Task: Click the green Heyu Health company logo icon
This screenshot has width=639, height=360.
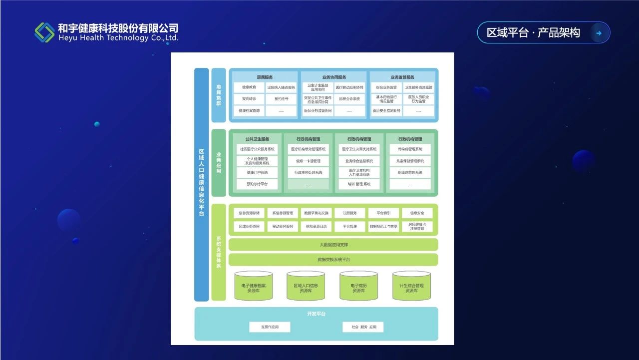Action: [44, 32]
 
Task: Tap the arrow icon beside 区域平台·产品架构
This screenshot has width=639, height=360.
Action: [599, 33]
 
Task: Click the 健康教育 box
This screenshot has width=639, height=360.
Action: [249, 87]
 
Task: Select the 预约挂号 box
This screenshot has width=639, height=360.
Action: [281, 99]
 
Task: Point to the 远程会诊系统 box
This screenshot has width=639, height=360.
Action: [349, 99]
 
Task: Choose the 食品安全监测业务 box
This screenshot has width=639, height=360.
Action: [386, 111]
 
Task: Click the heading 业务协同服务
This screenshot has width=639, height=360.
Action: [334, 77]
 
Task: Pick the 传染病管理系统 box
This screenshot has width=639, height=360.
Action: [410, 149]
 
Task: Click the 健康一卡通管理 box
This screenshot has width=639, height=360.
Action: [308, 161]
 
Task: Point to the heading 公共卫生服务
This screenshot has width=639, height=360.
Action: [257, 139]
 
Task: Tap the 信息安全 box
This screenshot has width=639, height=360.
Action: [417, 213]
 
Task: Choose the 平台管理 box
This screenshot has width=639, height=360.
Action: [350, 227]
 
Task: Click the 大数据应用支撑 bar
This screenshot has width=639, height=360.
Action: [333, 245]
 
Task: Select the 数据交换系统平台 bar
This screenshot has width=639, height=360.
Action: [333, 260]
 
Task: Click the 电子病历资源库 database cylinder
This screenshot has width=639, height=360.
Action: [358, 286]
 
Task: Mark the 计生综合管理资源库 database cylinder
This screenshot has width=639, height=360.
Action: [411, 286]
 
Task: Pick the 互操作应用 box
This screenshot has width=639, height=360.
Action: [270, 327]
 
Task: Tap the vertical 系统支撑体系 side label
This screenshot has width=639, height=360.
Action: [219, 252]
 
